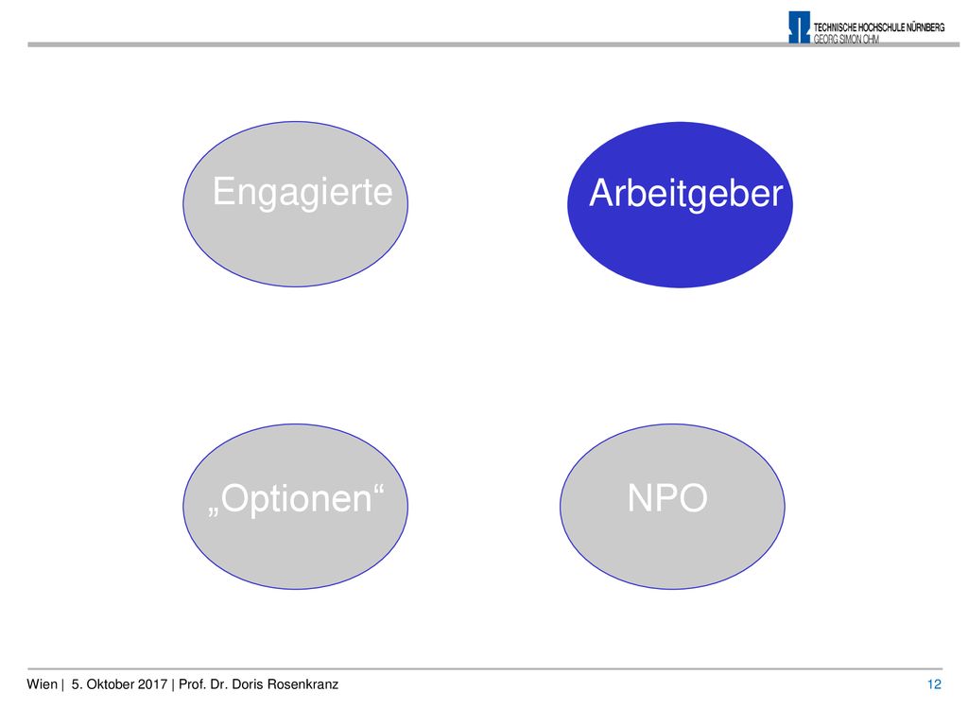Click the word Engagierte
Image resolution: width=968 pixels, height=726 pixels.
(x=302, y=193)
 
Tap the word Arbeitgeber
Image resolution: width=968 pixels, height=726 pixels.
(x=686, y=194)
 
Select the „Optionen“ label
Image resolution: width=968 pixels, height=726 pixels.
(x=296, y=499)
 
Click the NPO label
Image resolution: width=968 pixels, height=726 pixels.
(x=667, y=497)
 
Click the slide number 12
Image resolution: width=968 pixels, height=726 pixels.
(x=934, y=684)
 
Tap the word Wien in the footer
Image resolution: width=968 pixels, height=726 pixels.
(x=42, y=684)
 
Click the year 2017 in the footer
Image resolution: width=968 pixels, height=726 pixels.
(x=152, y=684)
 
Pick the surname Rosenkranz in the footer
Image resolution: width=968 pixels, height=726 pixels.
(x=302, y=684)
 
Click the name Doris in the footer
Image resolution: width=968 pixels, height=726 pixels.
(x=247, y=684)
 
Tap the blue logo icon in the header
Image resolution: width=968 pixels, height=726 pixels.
(x=799, y=27)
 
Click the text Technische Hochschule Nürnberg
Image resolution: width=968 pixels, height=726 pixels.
(x=879, y=27)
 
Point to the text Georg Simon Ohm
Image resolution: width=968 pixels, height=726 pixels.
(x=846, y=39)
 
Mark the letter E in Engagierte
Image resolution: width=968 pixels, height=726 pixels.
(x=223, y=191)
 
